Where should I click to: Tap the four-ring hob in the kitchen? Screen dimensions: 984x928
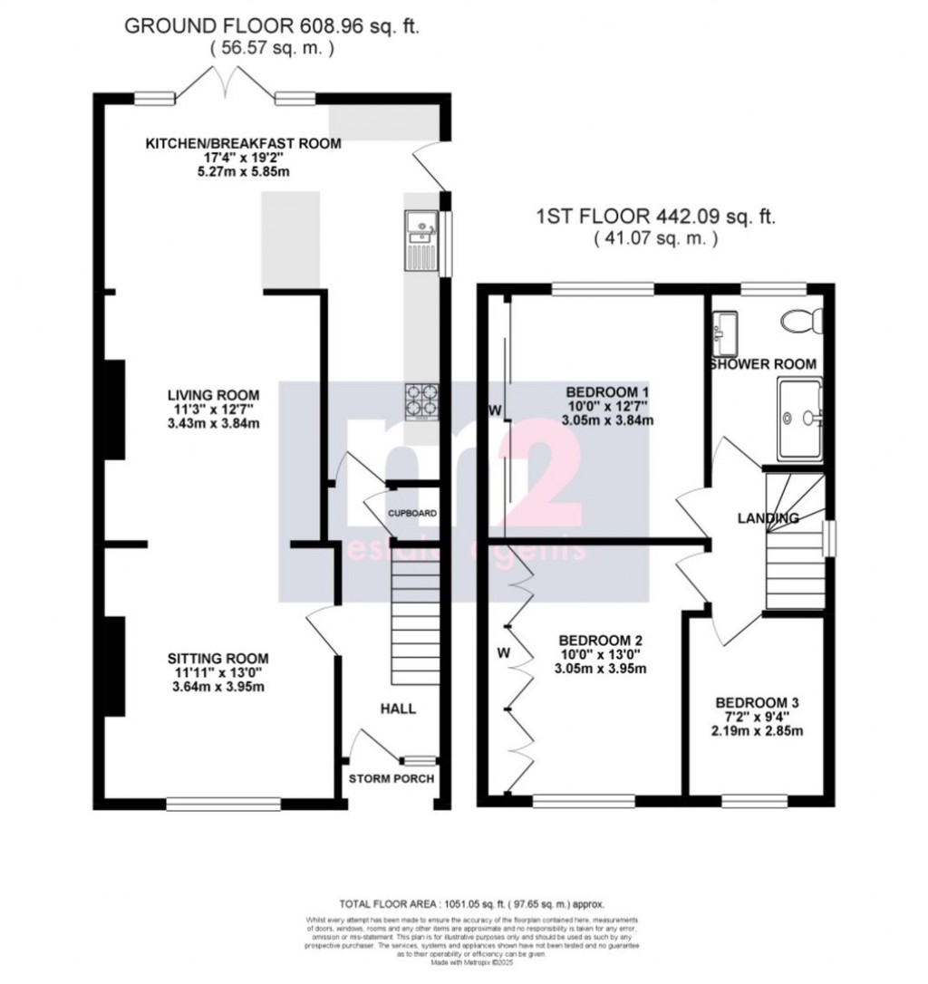click(x=419, y=400)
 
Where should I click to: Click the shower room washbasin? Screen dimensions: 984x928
click(x=725, y=332)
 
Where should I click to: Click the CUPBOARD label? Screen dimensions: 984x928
click(x=412, y=514)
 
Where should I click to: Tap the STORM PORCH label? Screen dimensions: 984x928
click(x=392, y=778)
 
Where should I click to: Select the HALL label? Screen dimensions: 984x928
click(x=398, y=709)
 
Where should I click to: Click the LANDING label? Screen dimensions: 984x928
click(x=767, y=518)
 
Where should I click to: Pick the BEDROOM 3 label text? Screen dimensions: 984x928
click(x=759, y=702)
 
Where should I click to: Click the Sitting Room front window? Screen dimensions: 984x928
click(x=224, y=802)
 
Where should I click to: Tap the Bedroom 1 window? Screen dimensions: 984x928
click(x=603, y=289)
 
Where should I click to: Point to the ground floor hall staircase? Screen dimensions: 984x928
click(x=412, y=621)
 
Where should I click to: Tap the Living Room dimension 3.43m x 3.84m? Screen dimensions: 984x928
click(x=214, y=425)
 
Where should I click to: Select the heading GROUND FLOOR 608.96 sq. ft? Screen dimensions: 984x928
click(x=272, y=25)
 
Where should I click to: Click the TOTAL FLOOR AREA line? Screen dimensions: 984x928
click(x=470, y=903)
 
